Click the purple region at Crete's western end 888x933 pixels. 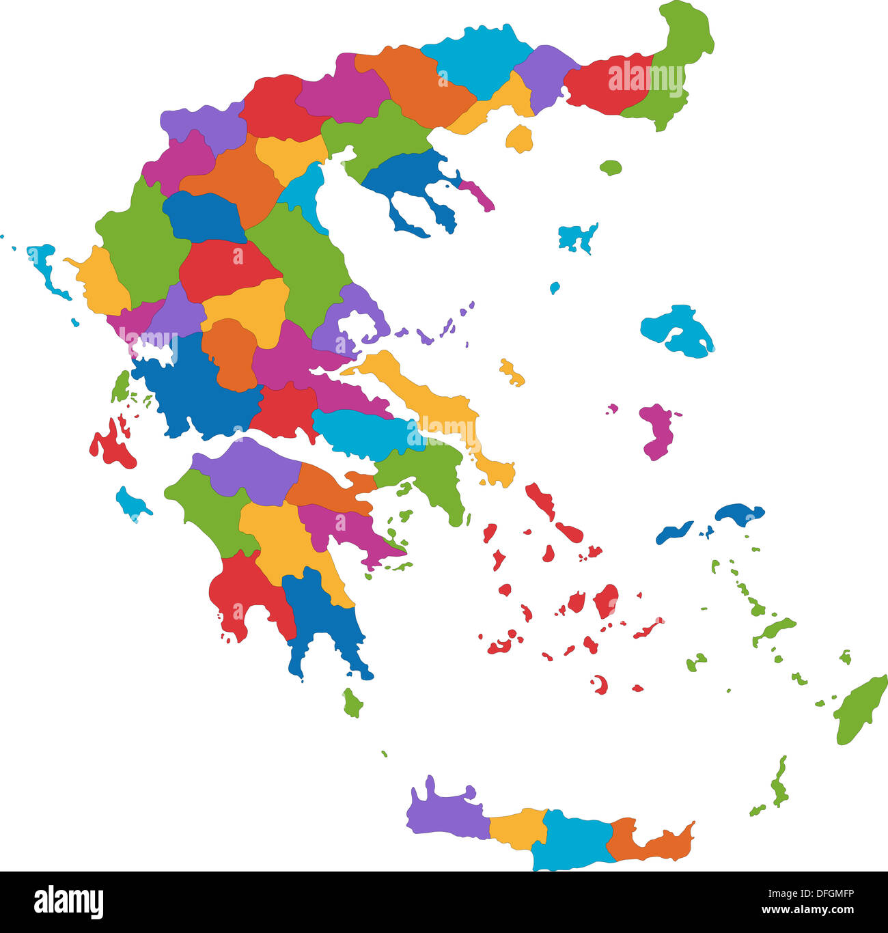(444, 813)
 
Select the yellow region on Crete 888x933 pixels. (518, 828)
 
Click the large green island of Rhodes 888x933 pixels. (859, 710)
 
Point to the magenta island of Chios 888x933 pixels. (657, 432)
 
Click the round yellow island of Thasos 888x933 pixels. (520, 139)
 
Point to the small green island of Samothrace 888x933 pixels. (611, 167)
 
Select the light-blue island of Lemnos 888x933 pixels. (577, 237)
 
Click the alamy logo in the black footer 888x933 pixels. (68, 902)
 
